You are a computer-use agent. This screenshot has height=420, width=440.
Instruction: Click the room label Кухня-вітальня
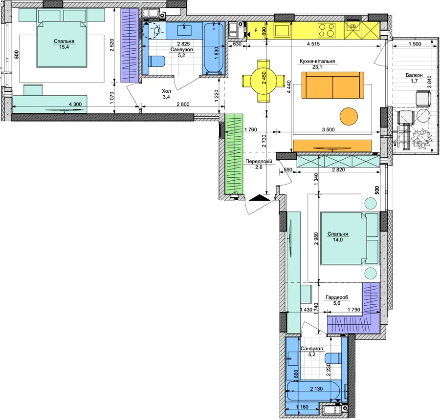click(x=317, y=61)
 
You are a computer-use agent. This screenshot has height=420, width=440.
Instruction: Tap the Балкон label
click(x=414, y=75)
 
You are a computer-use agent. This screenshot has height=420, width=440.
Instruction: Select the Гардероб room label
click(x=337, y=297)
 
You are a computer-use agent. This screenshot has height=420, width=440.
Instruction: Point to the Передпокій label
click(x=259, y=162)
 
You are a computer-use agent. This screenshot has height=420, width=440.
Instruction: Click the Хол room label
click(x=166, y=91)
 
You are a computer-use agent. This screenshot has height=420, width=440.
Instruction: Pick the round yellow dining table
click(x=264, y=81)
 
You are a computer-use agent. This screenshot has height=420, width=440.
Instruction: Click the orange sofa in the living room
click(x=332, y=85)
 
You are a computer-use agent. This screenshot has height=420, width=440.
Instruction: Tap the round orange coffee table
click(x=349, y=117)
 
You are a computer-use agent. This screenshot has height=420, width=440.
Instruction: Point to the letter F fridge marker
click(x=256, y=30)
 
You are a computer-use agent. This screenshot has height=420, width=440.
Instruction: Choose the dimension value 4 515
click(x=313, y=44)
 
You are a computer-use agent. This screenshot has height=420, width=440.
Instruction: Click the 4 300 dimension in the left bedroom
click(x=75, y=105)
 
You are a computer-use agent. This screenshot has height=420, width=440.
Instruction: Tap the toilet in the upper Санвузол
click(x=156, y=62)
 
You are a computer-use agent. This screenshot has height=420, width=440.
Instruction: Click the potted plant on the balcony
click(x=421, y=138)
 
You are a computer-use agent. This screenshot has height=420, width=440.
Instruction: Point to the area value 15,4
click(x=64, y=47)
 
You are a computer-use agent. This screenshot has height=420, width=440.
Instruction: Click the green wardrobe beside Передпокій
click(x=234, y=154)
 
